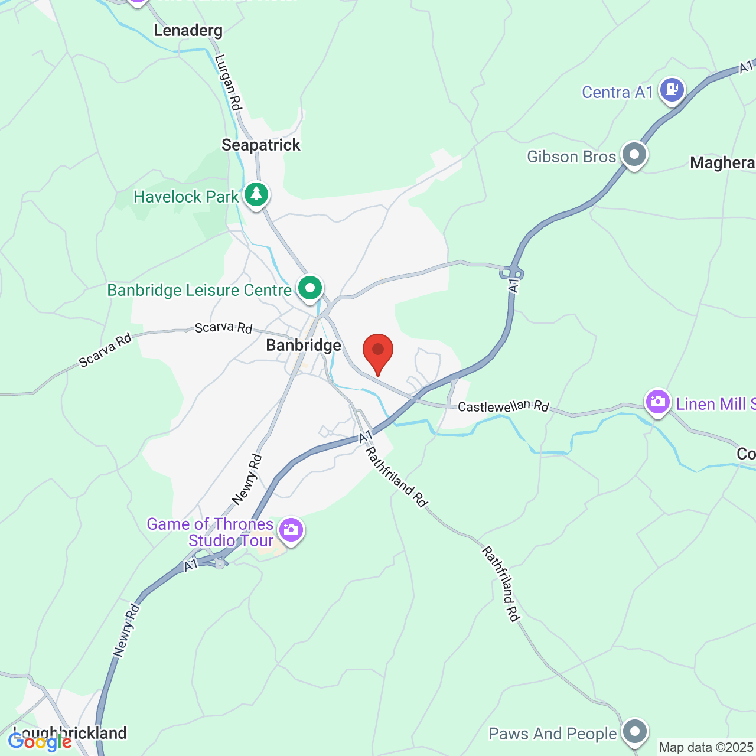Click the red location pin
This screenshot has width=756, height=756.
click(377, 351)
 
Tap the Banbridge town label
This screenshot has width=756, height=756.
click(304, 345)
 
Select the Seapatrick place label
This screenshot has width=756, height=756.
click(261, 145)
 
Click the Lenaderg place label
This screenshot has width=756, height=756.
click(188, 30)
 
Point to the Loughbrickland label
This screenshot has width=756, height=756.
click(70, 733)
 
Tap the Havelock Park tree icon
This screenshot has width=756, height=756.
click(256, 194)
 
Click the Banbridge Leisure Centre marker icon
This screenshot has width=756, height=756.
click(310, 288)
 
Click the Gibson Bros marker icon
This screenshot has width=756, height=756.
click(634, 155)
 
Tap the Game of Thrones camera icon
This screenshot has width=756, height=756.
click(291, 530)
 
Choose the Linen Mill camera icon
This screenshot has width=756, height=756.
click(657, 402)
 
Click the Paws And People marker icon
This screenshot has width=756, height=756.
click(634, 731)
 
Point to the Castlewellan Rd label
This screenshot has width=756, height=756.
click(503, 406)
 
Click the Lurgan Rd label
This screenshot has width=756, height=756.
click(229, 82)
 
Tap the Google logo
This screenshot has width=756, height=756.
click(40, 741)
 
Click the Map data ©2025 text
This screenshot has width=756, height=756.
click(706, 748)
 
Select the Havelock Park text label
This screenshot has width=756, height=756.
click(186, 197)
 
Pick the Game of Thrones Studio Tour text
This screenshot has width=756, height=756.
click(210, 532)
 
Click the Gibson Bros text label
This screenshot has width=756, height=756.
click(571, 157)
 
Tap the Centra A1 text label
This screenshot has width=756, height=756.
click(617, 92)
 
